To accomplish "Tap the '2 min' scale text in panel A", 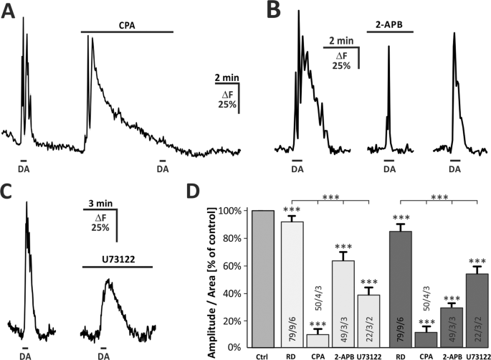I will coord(226,77).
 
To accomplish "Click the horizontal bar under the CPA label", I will coord(127,32).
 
